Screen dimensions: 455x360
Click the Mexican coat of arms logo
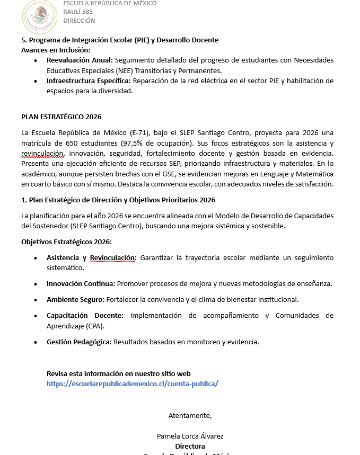[40, 16]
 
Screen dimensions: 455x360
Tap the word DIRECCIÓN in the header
[79, 21]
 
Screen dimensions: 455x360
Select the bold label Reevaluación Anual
[80, 60]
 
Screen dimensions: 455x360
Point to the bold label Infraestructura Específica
[89, 81]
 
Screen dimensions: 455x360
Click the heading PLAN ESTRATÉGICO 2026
[61, 117]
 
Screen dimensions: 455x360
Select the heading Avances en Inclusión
[56, 49]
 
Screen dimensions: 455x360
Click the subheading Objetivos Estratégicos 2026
[66, 242]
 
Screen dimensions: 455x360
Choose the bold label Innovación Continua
[81, 283]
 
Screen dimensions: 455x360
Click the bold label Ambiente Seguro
[75, 299]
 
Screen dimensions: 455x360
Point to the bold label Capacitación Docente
[85, 315]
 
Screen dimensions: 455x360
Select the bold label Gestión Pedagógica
[79, 342]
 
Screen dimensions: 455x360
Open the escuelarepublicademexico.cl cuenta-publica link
[132, 383]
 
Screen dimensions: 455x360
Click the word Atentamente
[190, 415]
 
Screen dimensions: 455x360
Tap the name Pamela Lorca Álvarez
[190, 436]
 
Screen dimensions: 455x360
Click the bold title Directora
[190, 446]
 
